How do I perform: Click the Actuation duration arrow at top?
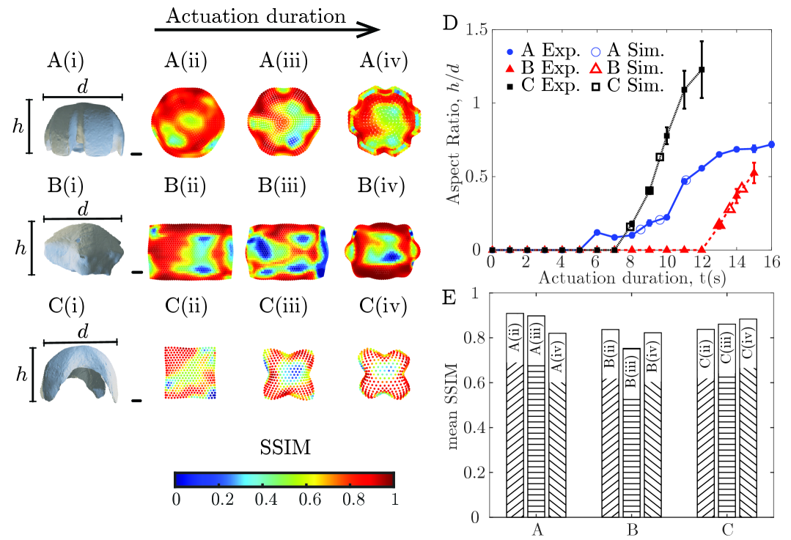(x=267, y=30)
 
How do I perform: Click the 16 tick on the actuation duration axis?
(x=771, y=263)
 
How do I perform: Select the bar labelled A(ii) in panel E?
(x=515, y=415)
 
